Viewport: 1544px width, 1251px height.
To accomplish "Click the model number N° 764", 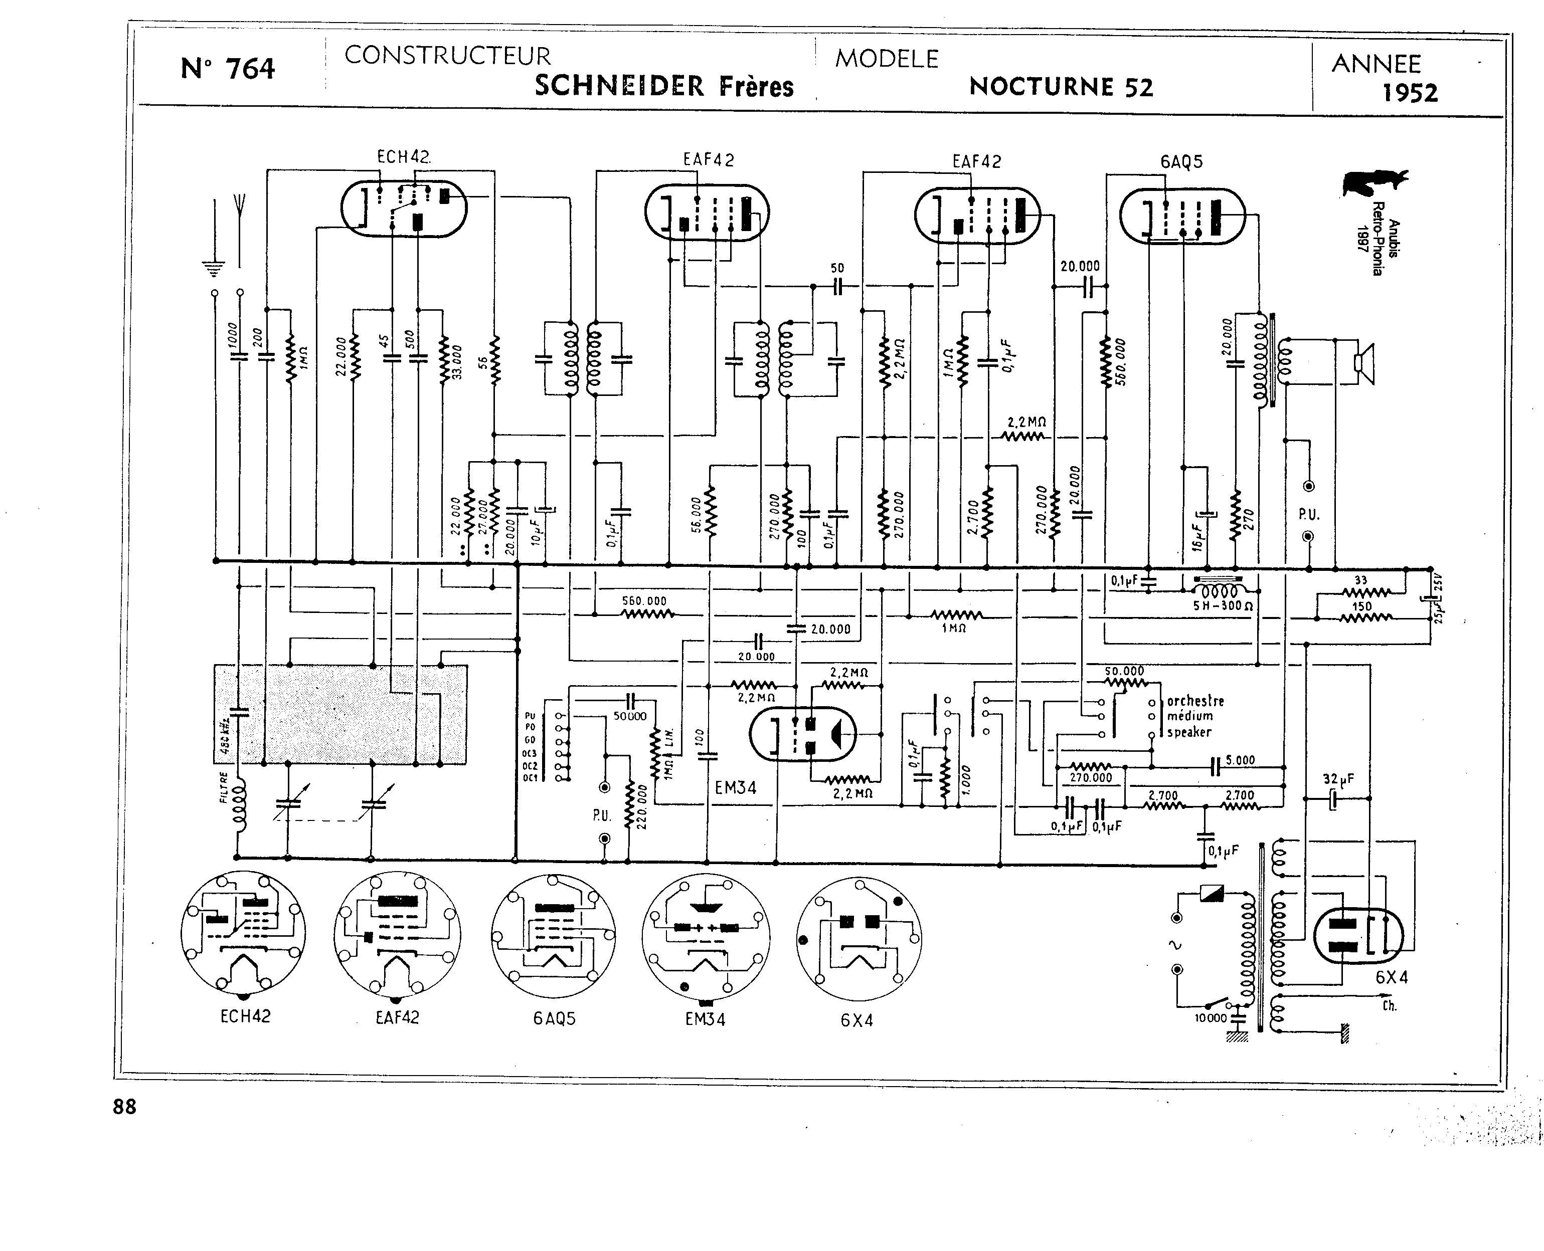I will pyautogui.click(x=228, y=69).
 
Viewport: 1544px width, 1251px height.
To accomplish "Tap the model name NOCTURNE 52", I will pyautogui.click(x=1061, y=87).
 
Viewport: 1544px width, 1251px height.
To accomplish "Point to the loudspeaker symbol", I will pyautogui.click(x=1363, y=364).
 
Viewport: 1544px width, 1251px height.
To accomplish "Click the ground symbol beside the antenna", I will pyautogui.click(x=213, y=268).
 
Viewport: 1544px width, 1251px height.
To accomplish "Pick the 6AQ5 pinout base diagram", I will pyautogui.click(x=553, y=937).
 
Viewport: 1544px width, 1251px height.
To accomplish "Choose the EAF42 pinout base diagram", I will pyautogui.click(x=397, y=935).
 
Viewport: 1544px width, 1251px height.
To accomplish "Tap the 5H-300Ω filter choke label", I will pyautogui.click(x=1223, y=606).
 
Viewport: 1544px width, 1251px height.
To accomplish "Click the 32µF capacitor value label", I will pyautogui.click(x=1338, y=779).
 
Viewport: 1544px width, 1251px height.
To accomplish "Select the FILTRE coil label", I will pyautogui.click(x=224, y=787).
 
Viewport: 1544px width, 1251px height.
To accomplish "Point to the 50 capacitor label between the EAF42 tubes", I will pyautogui.click(x=837, y=268).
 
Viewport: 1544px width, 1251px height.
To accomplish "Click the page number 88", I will pyautogui.click(x=125, y=1107).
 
